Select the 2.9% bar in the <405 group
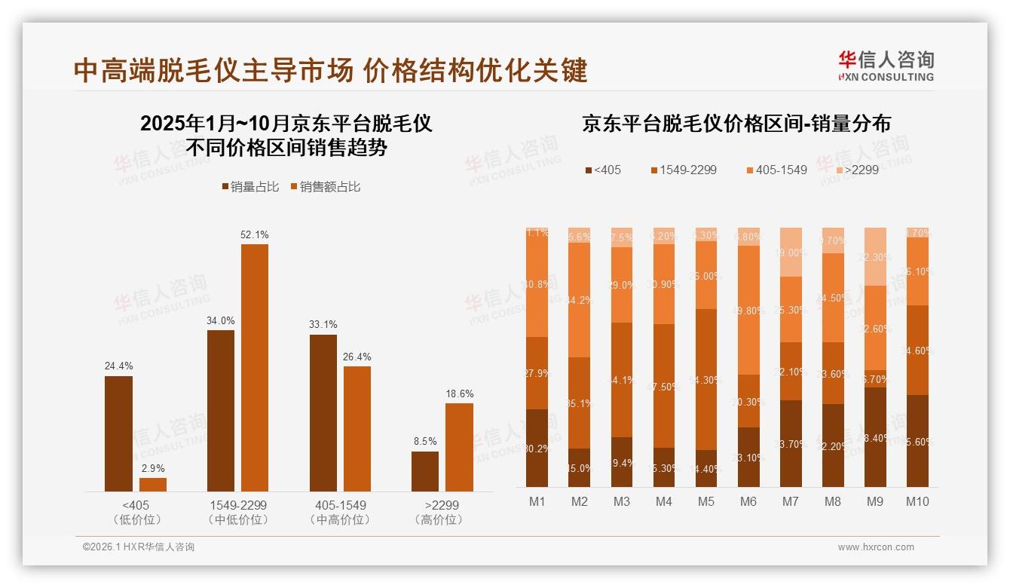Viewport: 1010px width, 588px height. coord(153,485)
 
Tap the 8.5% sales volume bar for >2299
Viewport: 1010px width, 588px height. coord(425,472)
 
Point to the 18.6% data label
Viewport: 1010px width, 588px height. coord(459,394)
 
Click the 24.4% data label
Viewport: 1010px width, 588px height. coord(118,366)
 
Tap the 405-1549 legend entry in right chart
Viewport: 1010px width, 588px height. coord(776,170)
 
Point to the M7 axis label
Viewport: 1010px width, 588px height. coord(791,501)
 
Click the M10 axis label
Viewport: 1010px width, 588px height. coord(917,501)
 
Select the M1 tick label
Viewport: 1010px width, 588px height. coord(537,501)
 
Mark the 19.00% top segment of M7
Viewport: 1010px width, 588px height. coord(791,253)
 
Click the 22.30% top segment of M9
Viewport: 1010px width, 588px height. coord(875,257)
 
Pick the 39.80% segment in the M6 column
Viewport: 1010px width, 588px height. coord(748,310)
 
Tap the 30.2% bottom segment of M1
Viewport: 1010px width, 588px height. coord(537,448)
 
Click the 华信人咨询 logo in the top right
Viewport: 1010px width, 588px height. coord(886,66)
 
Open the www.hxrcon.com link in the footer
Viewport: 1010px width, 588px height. coord(875,547)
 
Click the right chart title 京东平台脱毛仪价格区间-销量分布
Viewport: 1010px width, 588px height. coord(736,123)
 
